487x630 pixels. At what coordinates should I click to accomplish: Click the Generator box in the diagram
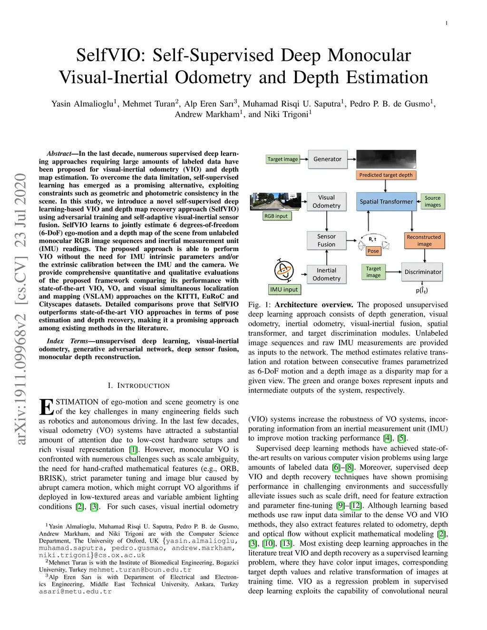point(327,159)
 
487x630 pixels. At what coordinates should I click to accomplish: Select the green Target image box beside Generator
point(282,159)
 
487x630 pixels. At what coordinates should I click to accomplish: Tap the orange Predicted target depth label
point(386,175)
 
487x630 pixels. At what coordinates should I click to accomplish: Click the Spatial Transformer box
point(386,202)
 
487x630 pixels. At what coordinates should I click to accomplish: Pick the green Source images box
point(432,202)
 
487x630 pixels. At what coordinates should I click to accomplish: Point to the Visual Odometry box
point(326,202)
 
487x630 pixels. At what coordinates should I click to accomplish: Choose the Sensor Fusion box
point(326,241)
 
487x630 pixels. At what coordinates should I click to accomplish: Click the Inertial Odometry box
point(326,274)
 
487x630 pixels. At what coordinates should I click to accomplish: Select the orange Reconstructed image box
point(424,241)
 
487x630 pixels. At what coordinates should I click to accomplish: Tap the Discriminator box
point(423,272)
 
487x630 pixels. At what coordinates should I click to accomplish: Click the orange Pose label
point(373,251)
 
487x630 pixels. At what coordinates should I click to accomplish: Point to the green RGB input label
point(276,216)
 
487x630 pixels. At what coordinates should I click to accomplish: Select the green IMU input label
point(284,290)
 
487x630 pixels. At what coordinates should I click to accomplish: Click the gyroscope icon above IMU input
point(284,271)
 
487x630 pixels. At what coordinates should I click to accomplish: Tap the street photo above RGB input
point(276,202)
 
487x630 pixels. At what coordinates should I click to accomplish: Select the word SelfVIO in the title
point(111,55)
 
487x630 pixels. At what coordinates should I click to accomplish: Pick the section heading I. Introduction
point(138,386)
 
